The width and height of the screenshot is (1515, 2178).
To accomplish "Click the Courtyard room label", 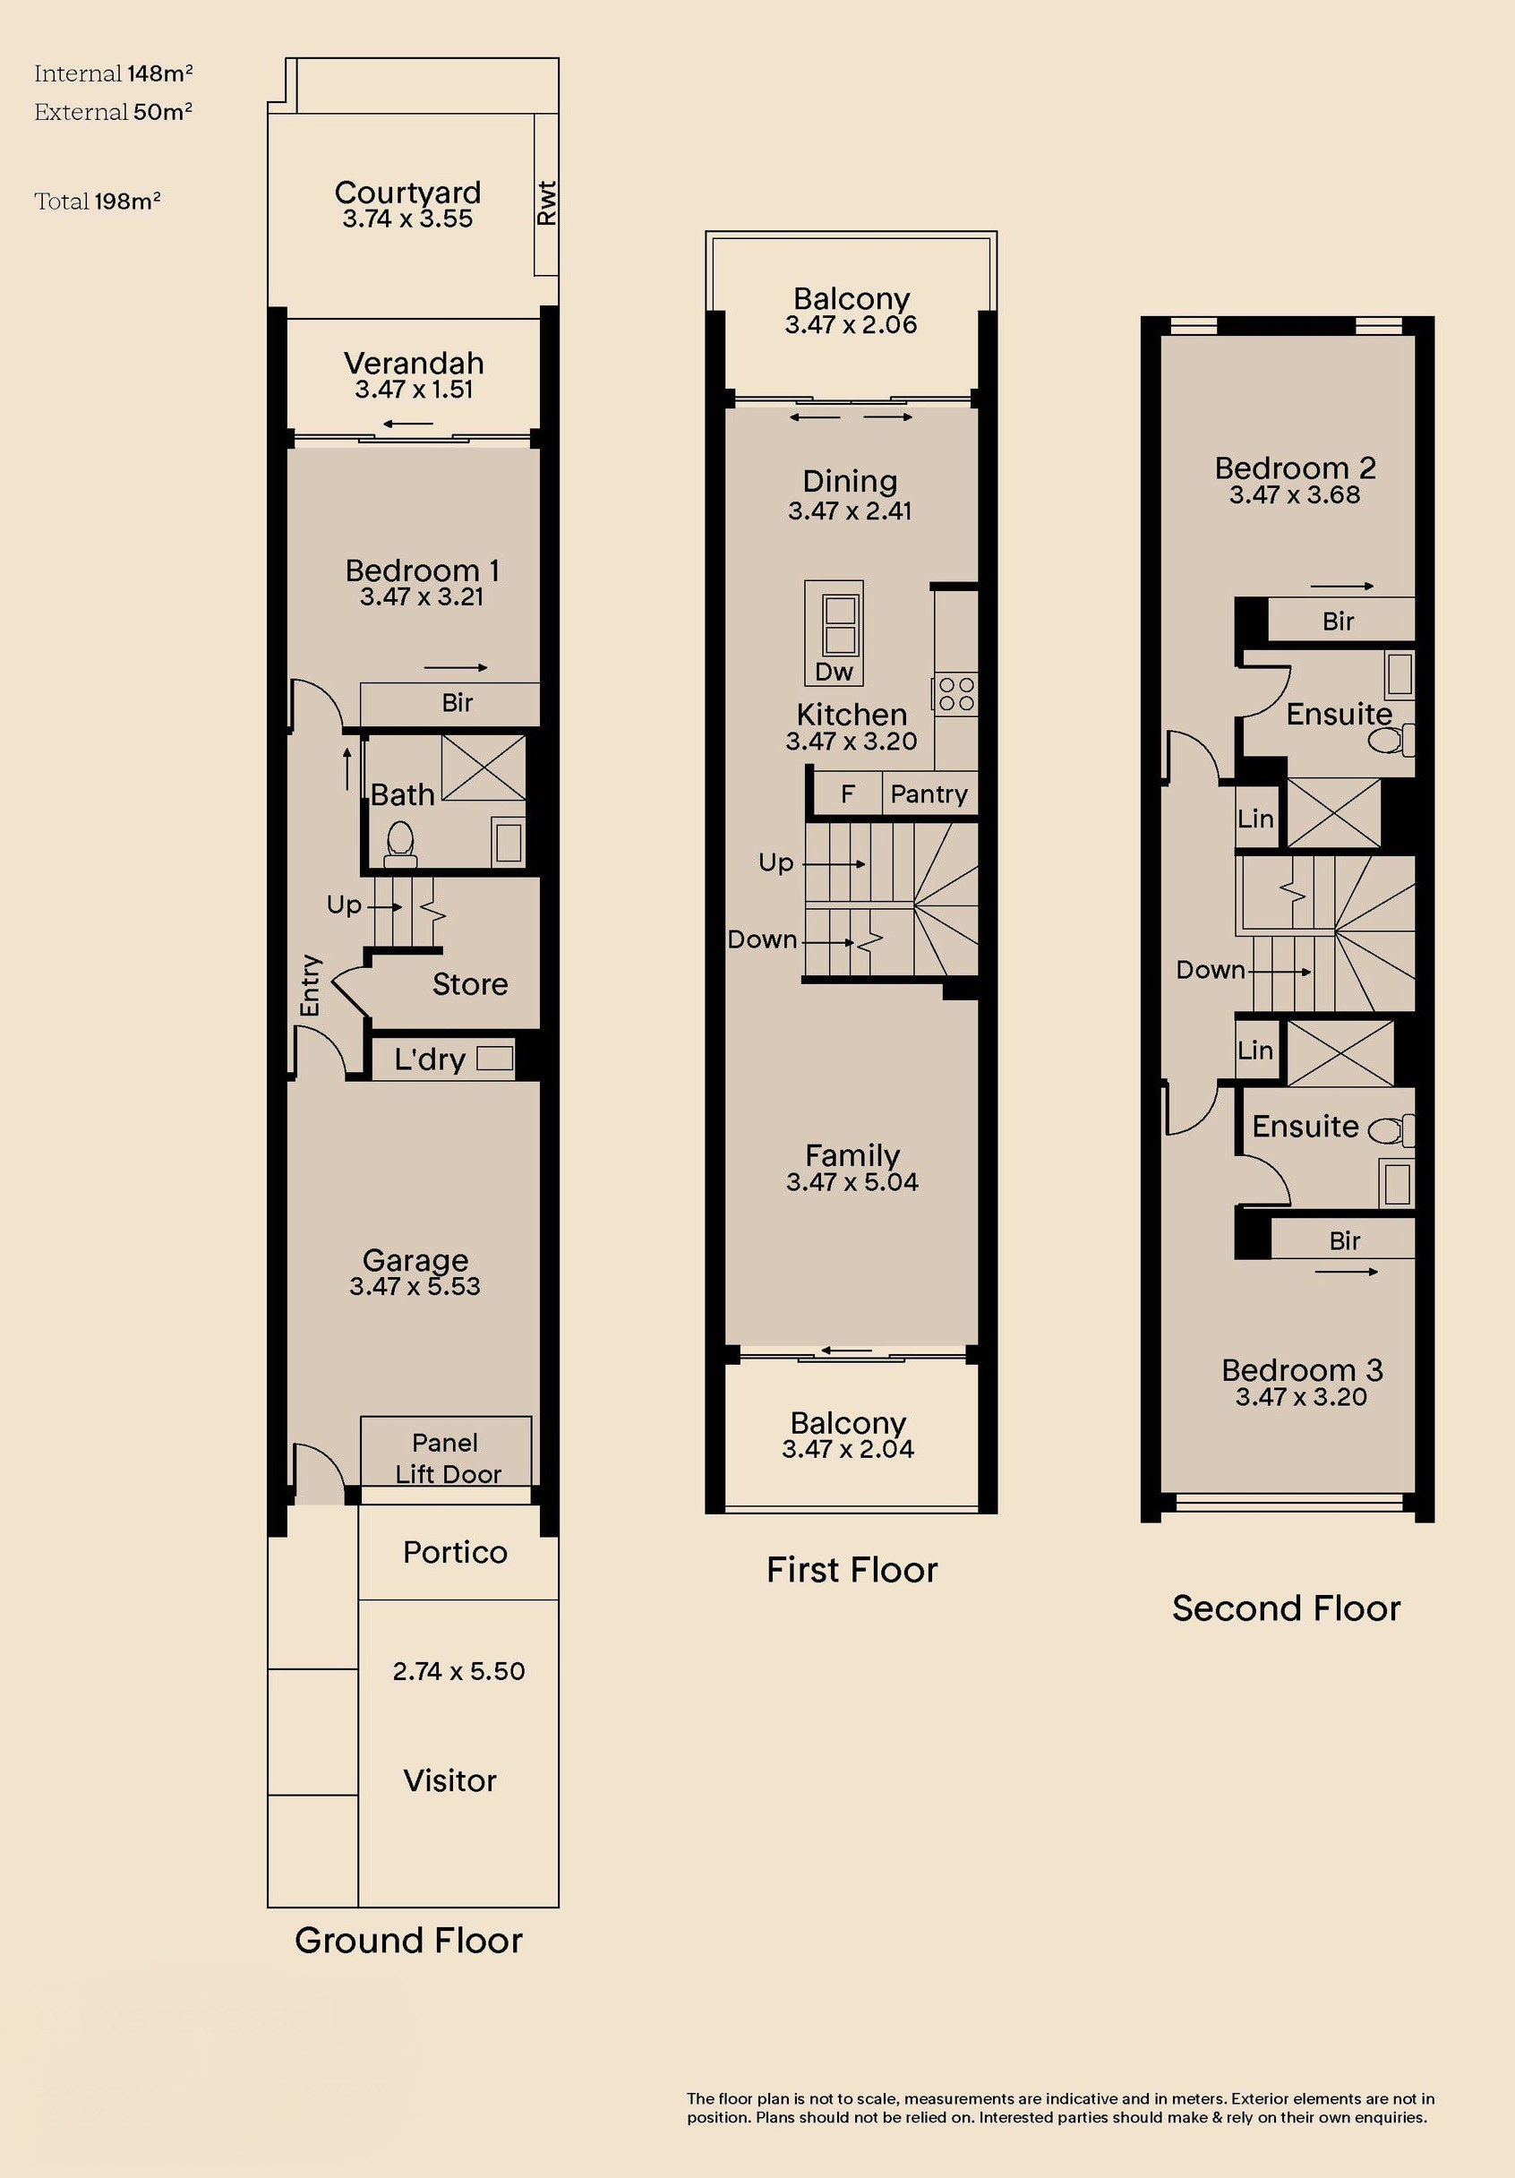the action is (x=408, y=192).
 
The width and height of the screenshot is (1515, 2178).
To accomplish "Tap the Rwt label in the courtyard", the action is (x=546, y=203).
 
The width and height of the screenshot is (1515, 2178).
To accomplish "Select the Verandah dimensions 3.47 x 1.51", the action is (x=415, y=389).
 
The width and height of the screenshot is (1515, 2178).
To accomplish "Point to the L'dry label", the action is (x=430, y=1059).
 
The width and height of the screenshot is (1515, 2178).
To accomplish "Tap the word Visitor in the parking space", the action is (x=449, y=1780).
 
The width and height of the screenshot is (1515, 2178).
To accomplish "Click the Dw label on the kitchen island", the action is (x=834, y=672).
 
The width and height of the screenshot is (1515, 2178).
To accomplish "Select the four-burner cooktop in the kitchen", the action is (x=956, y=694).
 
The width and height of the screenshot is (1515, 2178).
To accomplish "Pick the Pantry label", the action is (x=929, y=794).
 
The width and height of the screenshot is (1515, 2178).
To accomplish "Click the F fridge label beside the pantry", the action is (x=848, y=794).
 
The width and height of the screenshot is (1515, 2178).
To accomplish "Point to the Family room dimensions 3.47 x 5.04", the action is (x=852, y=1182).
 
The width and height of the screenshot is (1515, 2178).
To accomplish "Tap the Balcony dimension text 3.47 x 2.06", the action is (x=851, y=324).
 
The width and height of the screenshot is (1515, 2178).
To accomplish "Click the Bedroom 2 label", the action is (x=1295, y=467).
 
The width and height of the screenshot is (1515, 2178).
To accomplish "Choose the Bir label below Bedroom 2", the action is (x=1338, y=622).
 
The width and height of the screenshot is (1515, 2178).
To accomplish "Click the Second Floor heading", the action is (x=1287, y=1608).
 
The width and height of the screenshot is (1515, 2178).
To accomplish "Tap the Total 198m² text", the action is (x=98, y=202).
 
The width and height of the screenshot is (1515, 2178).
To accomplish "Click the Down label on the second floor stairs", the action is (x=1211, y=970).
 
